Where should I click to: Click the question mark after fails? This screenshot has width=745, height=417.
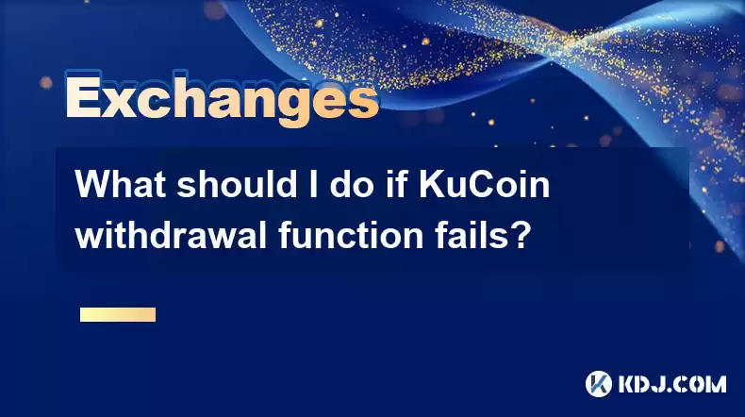tap(521, 235)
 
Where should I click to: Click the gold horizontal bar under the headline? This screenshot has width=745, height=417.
tap(118, 315)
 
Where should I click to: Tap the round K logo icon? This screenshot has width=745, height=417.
tap(599, 384)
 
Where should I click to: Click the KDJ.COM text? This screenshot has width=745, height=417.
tap(671, 384)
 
